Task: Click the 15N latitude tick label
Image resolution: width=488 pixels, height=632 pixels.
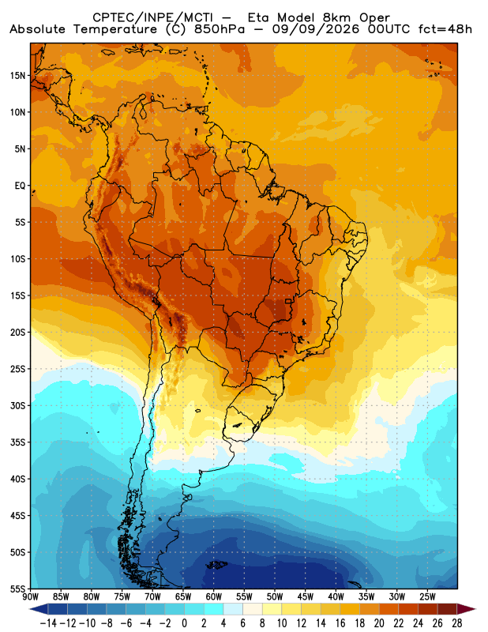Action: [x=17, y=76]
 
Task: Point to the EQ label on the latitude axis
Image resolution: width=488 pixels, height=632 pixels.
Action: [x=21, y=186]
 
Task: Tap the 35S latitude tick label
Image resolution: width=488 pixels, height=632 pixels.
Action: [x=17, y=442]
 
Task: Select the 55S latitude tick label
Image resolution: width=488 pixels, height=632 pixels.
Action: [x=17, y=589]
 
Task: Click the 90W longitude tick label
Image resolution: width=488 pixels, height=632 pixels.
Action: [x=31, y=596]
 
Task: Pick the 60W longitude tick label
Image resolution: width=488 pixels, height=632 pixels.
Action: [x=213, y=596]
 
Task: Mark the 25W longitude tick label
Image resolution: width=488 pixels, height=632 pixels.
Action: [x=427, y=596]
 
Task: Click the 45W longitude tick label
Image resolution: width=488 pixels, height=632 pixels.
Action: [x=306, y=596]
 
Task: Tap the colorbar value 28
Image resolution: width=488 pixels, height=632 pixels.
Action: [x=456, y=623]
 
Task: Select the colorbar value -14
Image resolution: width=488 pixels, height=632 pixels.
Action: [x=48, y=623]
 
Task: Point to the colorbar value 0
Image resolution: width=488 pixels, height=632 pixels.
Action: [x=184, y=623]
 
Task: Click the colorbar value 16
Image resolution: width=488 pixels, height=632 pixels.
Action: [x=340, y=623]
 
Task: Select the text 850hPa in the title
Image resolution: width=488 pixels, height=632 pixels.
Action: [x=220, y=29]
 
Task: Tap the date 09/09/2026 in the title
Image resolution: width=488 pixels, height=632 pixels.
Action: [x=316, y=29]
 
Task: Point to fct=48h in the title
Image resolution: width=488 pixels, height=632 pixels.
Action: [x=445, y=29]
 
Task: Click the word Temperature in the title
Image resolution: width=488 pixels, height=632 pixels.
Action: [x=115, y=30]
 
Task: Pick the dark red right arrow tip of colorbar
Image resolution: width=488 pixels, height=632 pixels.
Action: [x=474, y=609]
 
